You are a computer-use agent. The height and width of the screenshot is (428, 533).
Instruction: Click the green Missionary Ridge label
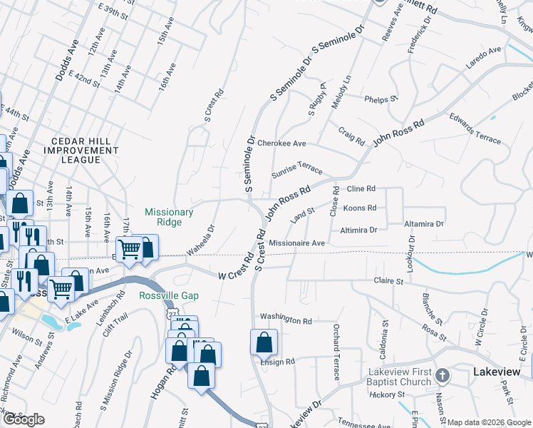(169, 217)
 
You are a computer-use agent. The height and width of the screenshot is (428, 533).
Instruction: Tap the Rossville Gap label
(169, 295)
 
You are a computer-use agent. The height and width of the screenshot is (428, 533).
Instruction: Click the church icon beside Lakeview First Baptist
(442, 375)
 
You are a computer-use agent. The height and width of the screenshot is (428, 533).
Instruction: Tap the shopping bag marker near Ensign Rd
(264, 343)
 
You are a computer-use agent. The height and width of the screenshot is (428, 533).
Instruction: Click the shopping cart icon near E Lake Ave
(61, 289)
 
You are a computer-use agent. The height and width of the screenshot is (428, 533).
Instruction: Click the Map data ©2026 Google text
(489, 422)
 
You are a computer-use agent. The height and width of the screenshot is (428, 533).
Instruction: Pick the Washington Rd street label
(286, 320)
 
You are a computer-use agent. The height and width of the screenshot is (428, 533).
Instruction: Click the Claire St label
(389, 282)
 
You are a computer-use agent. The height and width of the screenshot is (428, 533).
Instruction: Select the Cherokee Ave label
(281, 143)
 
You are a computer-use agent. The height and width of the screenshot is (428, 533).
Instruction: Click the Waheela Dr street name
(201, 240)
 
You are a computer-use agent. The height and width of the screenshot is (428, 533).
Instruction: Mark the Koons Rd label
(359, 208)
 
